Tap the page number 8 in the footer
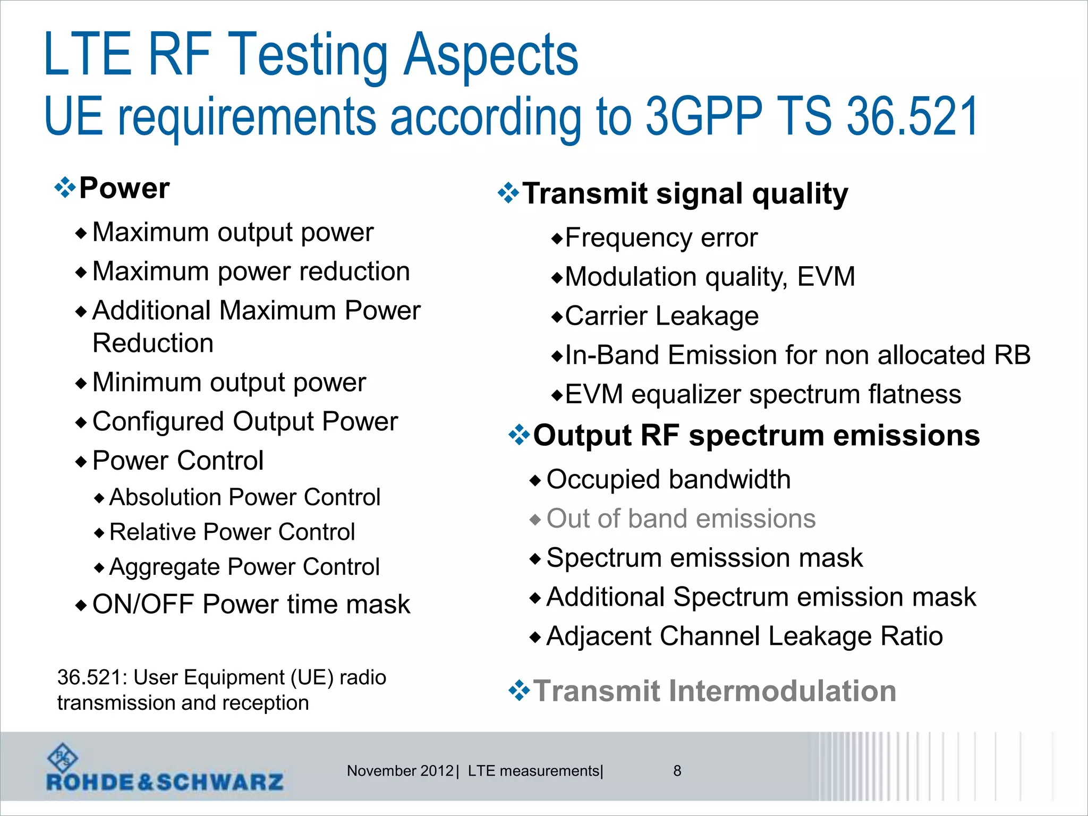pos(677,771)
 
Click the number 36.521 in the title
pos(912,117)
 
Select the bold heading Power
pos(124,188)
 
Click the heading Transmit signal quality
pos(685,193)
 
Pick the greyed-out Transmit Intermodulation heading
pos(715,691)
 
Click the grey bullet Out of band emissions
pos(681,518)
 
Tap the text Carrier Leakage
pos(661,316)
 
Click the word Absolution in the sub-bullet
pos(159,498)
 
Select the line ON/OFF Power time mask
pos(251,605)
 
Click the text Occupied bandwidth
pos(668,480)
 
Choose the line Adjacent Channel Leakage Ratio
pos(744,636)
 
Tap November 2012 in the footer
pos(400,771)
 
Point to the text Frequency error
pos(661,238)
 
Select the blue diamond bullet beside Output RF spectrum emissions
pos(519,436)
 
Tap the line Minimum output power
pos(229,382)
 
